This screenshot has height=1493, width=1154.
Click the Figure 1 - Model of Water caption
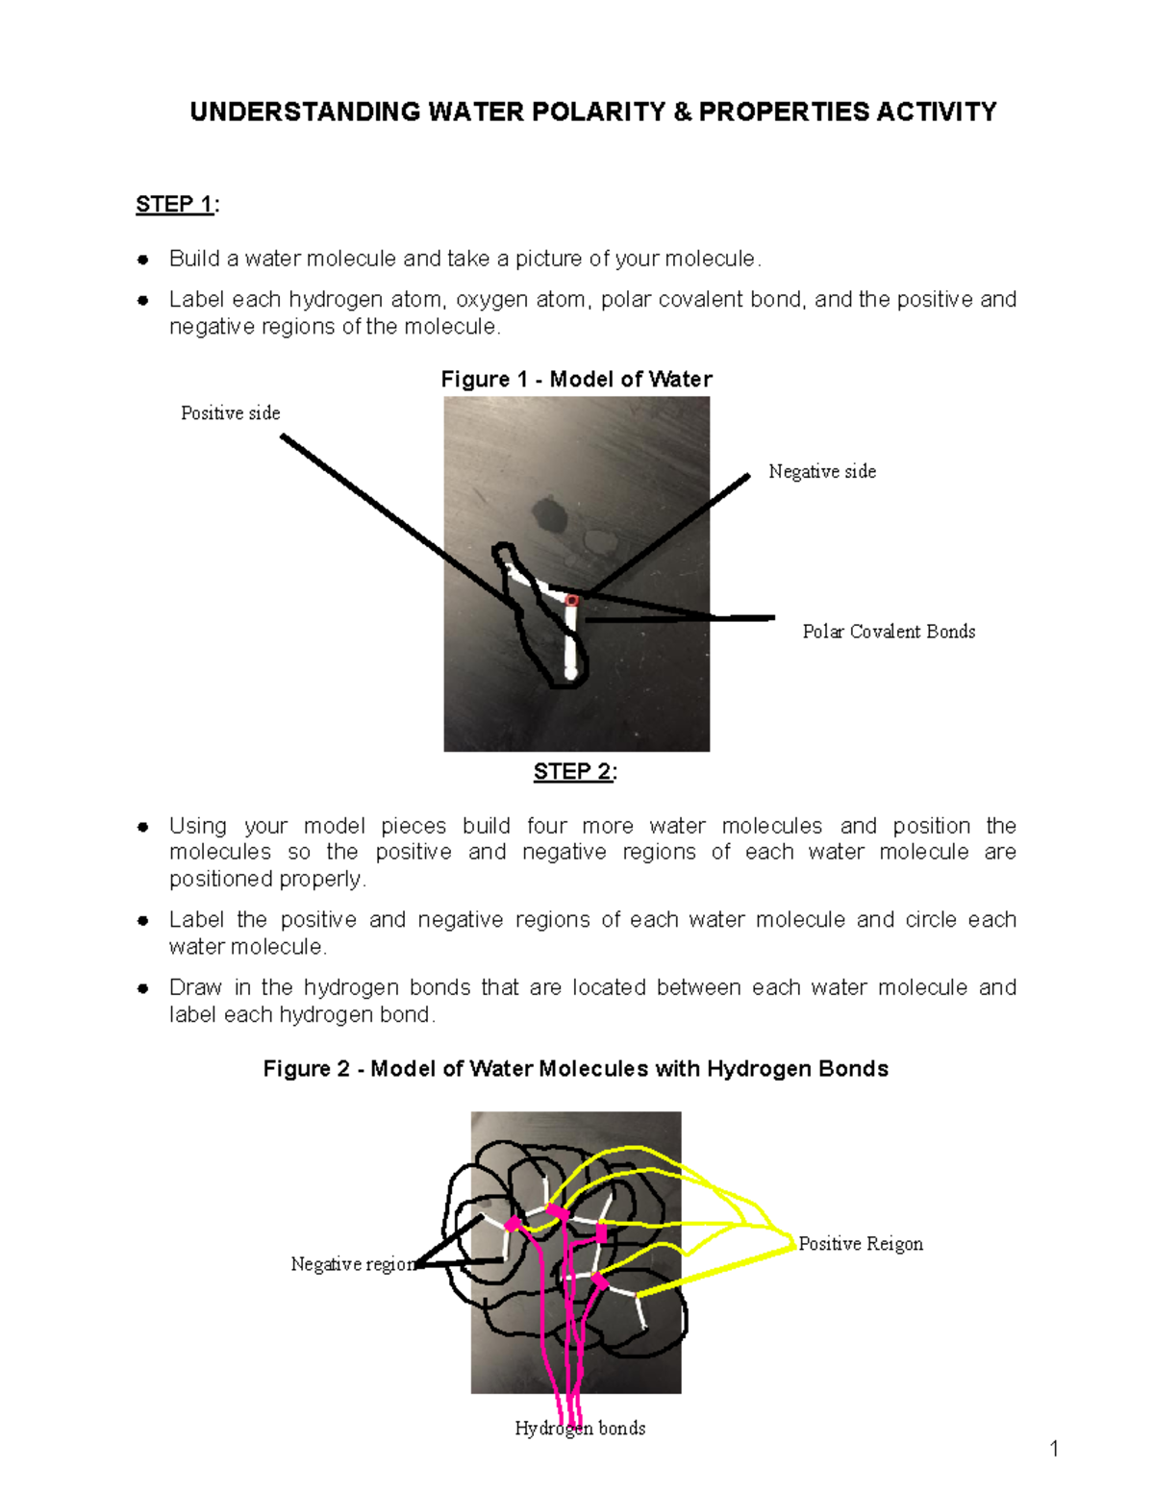click(x=576, y=379)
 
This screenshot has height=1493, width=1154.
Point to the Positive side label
click(x=231, y=413)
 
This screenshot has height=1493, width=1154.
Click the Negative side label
click(x=822, y=471)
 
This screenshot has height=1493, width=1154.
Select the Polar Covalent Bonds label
click(x=889, y=632)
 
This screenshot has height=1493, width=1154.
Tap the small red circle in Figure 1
click(x=571, y=601)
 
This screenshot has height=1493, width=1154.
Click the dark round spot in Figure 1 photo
click(x=551, y=514)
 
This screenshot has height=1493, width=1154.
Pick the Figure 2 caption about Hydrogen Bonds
click(x=575, y=1069)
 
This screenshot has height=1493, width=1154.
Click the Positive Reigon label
click(x=861, y=1244)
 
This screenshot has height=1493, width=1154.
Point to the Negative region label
click(x=353, y=1264)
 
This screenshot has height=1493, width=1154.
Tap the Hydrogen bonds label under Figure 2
click(x=580, y=1429)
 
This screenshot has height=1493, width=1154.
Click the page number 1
click(x=1054, y=1449)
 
